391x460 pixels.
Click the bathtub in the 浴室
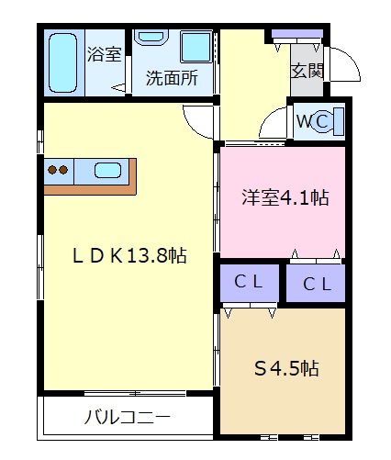tap(62, 62)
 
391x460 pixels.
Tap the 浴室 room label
tap(105, 54)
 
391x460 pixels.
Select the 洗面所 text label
tap(172, 78)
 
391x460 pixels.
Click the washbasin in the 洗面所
tap(152, 37)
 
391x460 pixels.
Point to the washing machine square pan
tap(196, 47)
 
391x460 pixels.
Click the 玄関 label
tap(307, 71)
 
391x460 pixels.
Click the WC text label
tap(313, 121)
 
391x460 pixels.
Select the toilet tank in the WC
tap(339, 121)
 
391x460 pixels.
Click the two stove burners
tap(58, 170)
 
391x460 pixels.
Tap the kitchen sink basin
tap(107, 171)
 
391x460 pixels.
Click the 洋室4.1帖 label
tap(285, 197)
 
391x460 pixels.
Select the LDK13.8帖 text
tap(129, 255)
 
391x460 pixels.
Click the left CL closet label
tap(249, 282)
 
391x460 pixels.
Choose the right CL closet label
tap(317, 284)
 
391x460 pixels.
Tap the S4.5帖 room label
tap(286, 368)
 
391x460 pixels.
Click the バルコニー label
tap(127, 417)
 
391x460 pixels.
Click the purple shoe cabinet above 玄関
tap(297, 33)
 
